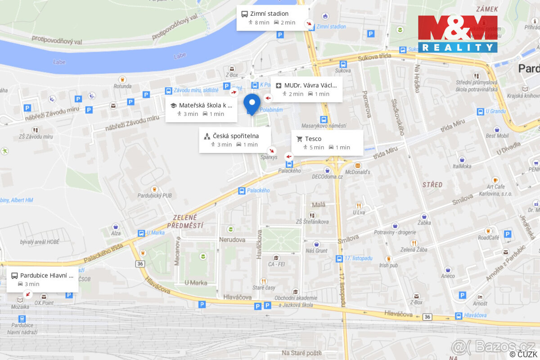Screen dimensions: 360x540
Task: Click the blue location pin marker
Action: click(252, 105)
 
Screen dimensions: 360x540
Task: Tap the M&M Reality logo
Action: click(458, 34)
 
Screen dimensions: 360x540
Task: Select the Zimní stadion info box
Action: click(272, 18)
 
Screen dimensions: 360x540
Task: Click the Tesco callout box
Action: click(327, 143)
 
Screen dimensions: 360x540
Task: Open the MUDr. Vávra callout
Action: click(306, 89)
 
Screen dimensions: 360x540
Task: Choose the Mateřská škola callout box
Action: click(201, 109)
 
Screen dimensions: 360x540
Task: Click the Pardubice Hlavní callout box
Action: click(43, 279)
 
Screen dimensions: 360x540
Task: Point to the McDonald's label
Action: click(357, 172)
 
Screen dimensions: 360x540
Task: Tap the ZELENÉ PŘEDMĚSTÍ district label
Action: click(185, 221)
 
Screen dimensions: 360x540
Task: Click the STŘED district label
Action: click(432, 184)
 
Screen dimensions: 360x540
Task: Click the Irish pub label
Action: click(388, 265)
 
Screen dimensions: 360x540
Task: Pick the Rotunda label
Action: click(122, 86)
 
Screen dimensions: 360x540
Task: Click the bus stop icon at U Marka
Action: click(141, 233)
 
